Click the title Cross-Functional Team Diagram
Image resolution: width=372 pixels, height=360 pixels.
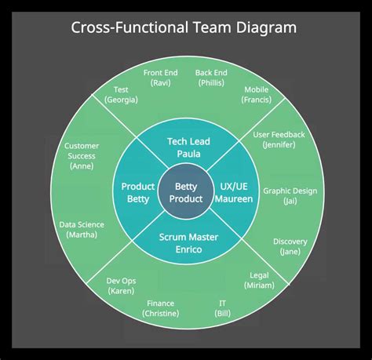click(x=185, y=28)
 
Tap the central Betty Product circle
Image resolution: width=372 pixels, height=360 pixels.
click(x=186, y=193)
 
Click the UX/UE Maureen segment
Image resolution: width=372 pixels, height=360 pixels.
click(x=234, y=193)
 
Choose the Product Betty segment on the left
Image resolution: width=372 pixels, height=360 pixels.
click(x=138, y=193)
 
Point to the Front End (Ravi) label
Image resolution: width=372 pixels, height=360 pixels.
click(x=160, y=77)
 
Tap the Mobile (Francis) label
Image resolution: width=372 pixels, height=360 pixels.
click(x=256, y=94)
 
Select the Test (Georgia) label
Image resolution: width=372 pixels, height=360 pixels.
click(x=121, y=94)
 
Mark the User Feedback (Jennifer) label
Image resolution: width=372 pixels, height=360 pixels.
click(x=279, y=140)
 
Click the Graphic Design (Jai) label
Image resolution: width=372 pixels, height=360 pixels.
click(x=290, y=195)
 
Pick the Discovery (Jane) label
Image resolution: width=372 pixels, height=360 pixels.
click(x=290, y=246)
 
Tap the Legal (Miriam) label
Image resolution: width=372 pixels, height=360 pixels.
click(x=259, y=280)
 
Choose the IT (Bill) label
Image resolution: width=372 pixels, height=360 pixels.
click(x=223, y=307)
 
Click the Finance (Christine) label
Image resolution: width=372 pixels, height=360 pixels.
click(x=160, y=307)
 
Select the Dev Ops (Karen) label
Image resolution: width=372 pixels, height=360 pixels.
click(x=121, y=285)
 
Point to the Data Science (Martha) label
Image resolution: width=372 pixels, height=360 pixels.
click(x=82, y=229)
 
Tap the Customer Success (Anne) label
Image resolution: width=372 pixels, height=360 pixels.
click(x=81, y=155)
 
